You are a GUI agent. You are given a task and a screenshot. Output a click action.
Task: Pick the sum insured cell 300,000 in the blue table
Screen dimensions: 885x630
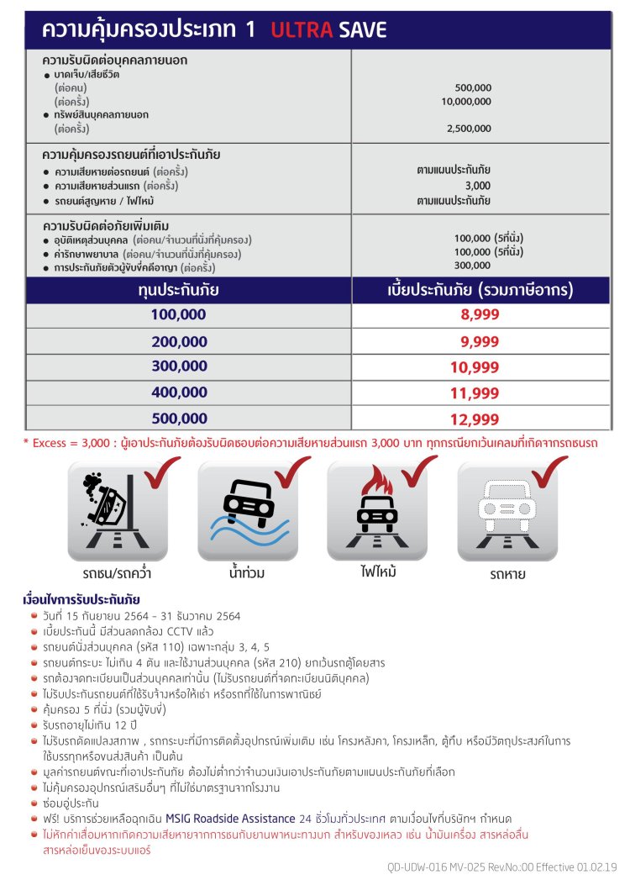[x=179, y=366]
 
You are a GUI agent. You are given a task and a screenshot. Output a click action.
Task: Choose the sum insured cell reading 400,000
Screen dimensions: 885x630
[x=179, y=392]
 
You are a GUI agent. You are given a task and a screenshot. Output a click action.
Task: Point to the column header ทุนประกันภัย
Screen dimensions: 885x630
[x=178, y=291]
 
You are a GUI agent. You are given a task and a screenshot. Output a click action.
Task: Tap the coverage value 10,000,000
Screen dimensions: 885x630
[x=466, y=101]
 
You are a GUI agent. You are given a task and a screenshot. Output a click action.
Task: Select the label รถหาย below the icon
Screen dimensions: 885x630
[x=507, y=576]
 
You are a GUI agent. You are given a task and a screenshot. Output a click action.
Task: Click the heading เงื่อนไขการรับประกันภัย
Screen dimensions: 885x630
[x=81, y=600]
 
